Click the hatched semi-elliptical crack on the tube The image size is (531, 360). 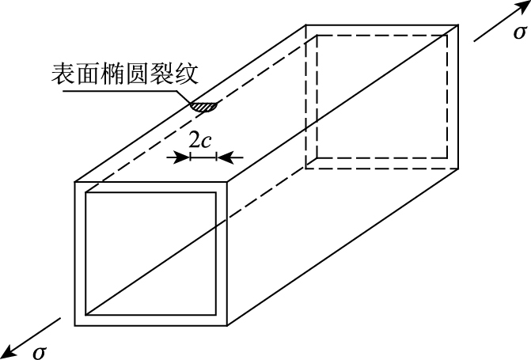pos(203,105)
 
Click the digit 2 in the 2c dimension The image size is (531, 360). pos(195,140)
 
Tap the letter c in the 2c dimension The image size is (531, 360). pos(207,141)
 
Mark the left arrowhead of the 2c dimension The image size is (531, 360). pos(186,157)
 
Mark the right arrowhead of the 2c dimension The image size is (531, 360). pos(221,157)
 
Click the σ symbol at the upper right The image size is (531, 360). pos(519,32)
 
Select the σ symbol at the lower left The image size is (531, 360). pos(39,351)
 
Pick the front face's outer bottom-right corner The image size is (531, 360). pos(228,326)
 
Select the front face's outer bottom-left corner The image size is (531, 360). pos(75,326)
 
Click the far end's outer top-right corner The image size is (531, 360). pos(459,25)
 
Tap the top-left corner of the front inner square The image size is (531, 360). pos(85,192)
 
